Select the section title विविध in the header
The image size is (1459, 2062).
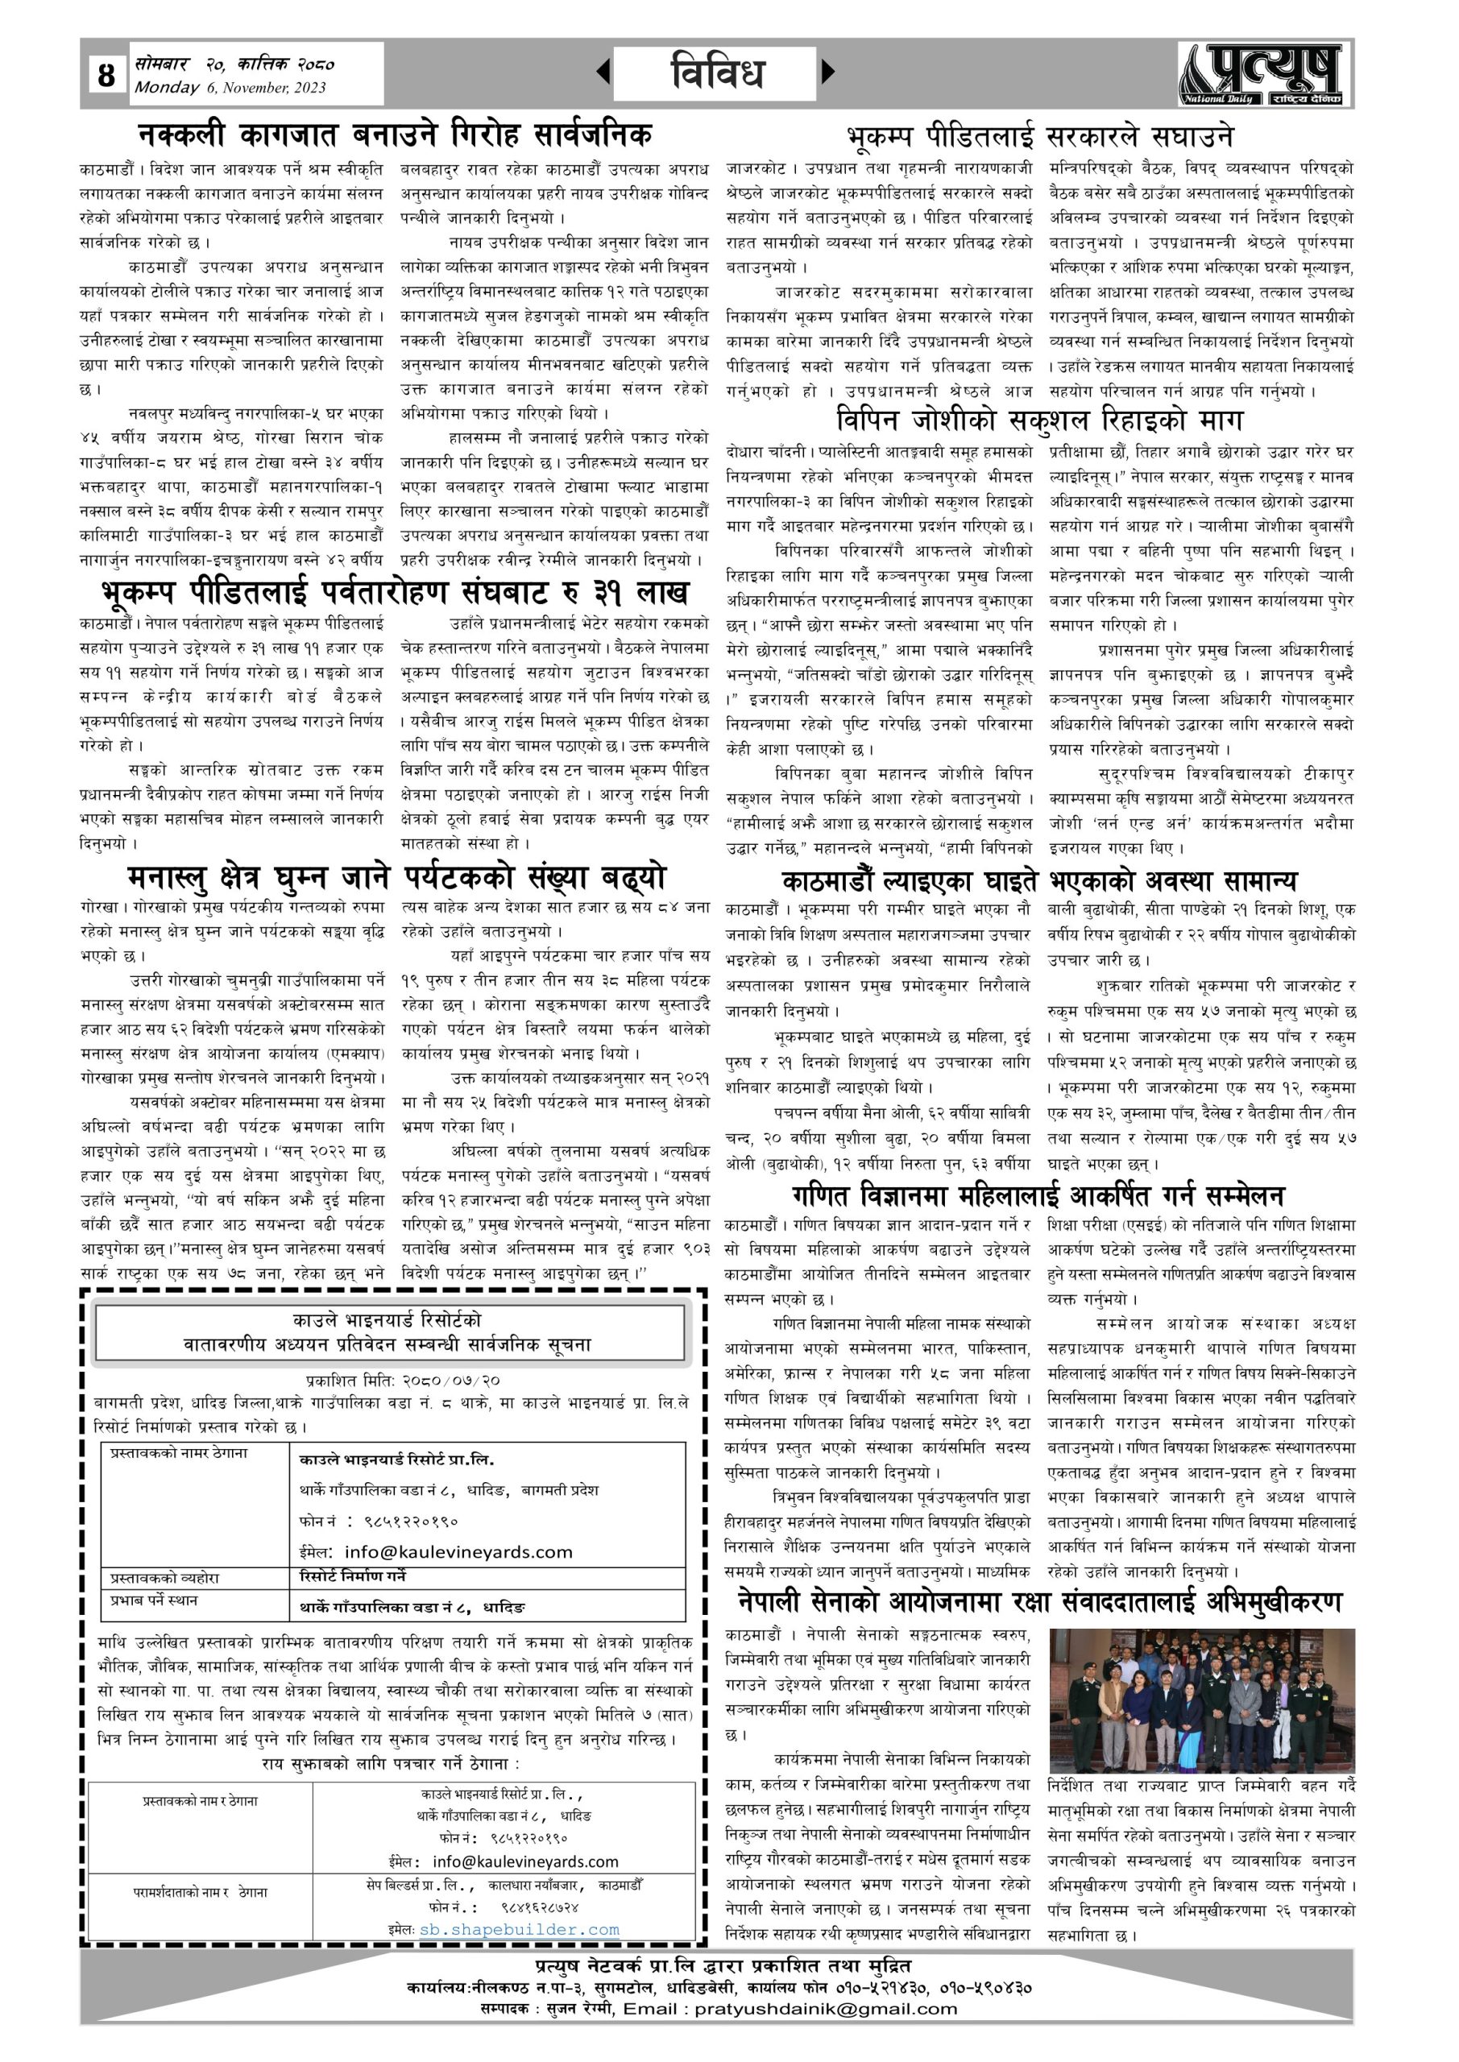(x=716, y=72)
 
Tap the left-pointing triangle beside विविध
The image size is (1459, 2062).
(x=603, y=71)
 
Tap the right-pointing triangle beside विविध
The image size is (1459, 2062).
(x=827, y=71)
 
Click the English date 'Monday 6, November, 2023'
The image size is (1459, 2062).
(x=230, y=88)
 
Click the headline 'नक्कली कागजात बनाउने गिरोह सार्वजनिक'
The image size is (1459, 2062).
(x=395, y=135)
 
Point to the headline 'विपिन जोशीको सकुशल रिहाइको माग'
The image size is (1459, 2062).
(x=1039, y=420)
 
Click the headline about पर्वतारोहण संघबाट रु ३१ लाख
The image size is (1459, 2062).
(x=395, y=593)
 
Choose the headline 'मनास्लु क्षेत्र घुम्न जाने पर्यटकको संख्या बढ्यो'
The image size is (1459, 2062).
(x=396, y=876)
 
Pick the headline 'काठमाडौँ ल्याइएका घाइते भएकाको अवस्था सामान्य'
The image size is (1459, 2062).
(x=1039, y=880)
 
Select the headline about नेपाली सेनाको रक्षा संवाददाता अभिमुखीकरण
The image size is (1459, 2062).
(x=1039, y=1601)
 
